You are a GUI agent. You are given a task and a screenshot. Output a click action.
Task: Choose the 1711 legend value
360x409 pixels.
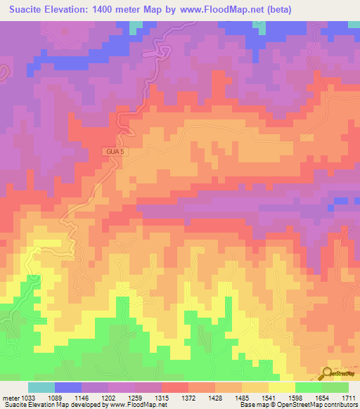click(x=349, y=397)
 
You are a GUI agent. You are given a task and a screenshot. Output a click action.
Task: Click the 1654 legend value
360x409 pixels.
click(x=323, y=397)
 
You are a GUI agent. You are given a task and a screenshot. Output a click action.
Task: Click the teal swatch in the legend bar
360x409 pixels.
click(x=41, y=387)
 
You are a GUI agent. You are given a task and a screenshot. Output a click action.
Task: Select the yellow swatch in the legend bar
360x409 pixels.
click(x=282, y=387)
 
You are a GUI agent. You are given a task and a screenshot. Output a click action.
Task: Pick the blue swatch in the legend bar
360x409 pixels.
click(x=68, y=387)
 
